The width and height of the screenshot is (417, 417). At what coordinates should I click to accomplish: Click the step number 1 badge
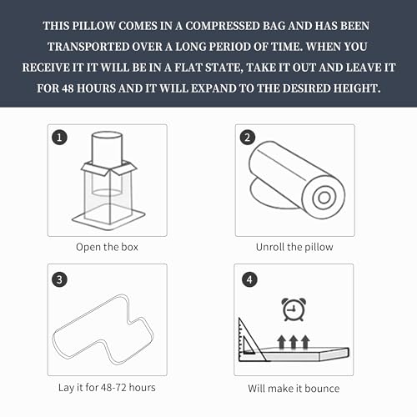59,138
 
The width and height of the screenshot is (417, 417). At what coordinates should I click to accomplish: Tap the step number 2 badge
248,138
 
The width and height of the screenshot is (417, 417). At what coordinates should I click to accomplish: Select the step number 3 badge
59,279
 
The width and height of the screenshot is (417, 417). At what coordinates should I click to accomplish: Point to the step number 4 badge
249,279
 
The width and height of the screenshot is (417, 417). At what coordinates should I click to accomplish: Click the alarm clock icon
294,309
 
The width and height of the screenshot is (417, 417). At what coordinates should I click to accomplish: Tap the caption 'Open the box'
107,247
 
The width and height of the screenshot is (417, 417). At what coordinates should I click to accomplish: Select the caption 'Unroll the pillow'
294,247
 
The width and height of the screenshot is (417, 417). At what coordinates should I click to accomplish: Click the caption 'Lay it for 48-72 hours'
107,387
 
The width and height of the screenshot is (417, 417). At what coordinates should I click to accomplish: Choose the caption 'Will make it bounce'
294,388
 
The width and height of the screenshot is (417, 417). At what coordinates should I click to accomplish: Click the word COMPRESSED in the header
222,26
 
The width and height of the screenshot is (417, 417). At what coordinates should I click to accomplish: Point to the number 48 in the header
68,88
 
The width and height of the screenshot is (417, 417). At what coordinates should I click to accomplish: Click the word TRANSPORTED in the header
88,47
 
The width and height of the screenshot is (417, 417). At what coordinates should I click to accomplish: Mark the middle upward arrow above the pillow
294,342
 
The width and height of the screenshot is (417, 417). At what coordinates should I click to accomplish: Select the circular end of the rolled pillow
324,198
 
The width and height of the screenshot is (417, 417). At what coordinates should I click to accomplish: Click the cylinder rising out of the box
107,150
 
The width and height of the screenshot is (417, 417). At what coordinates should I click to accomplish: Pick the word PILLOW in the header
93,26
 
